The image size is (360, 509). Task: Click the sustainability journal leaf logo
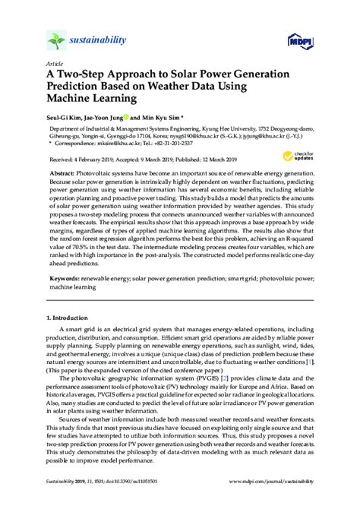tap(57, 39)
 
